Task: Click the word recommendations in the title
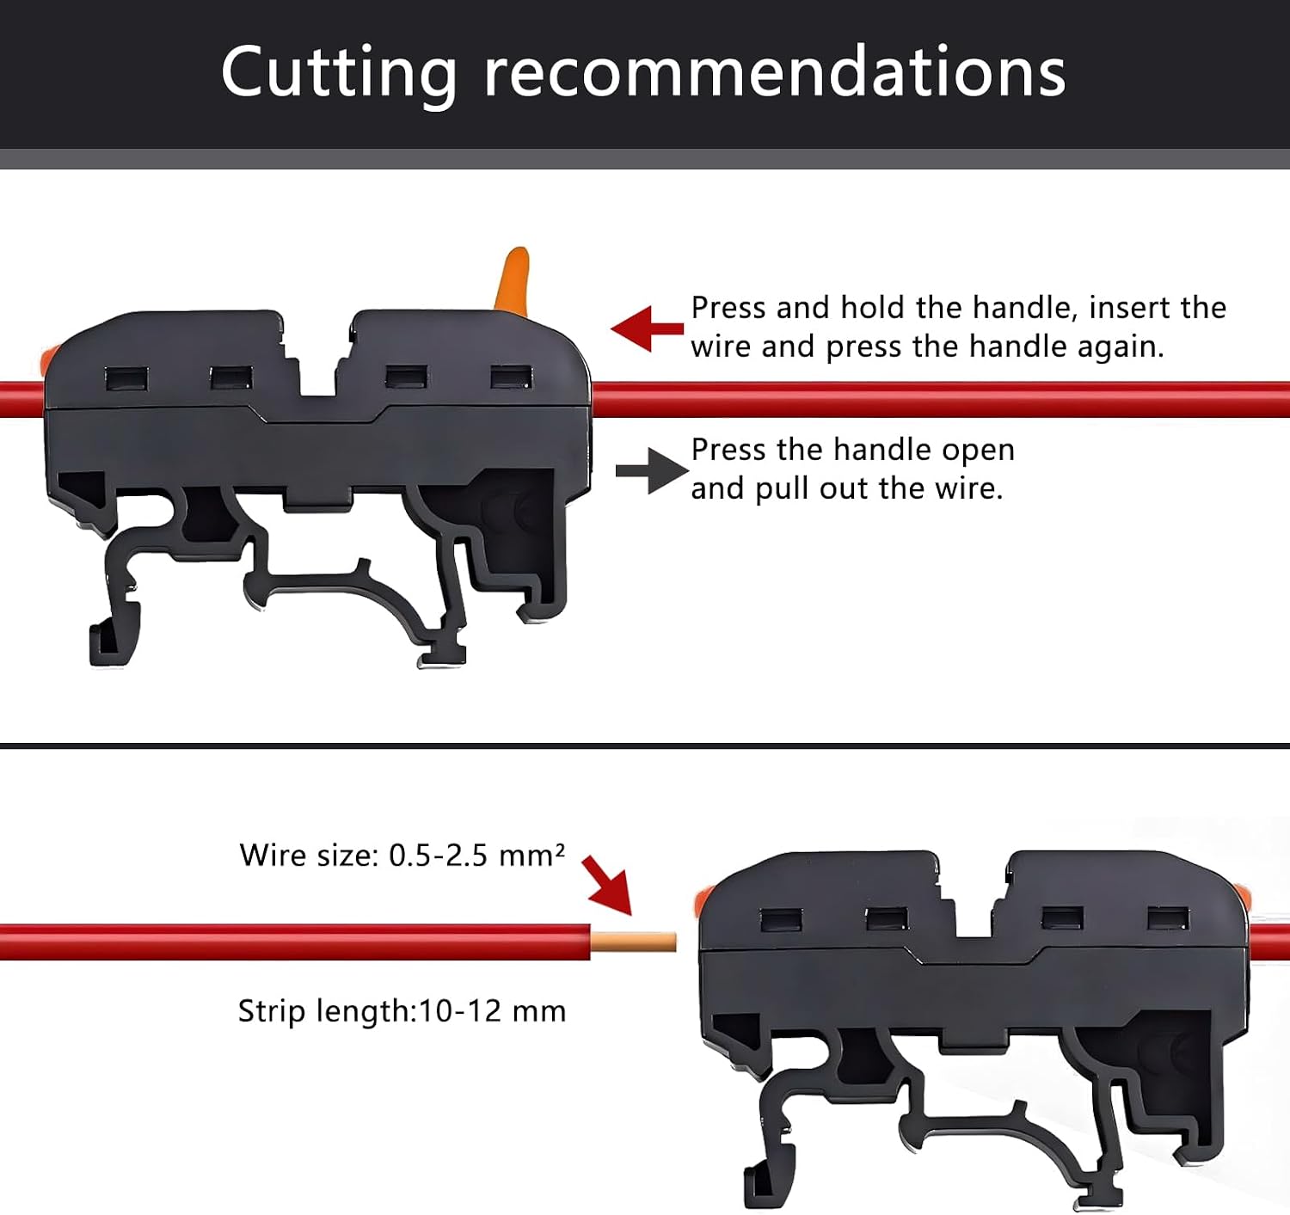pos(775,73)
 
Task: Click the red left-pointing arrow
pos(647,328)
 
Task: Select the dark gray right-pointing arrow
pos(652,470)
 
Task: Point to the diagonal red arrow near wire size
pos(606,885)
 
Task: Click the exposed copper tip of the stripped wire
pos(633,942)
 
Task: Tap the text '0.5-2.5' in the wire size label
pos(438,855)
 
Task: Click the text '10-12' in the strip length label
pos(460,1011)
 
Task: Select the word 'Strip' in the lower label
pos(271,1012)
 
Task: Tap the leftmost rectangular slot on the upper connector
pos(126,379)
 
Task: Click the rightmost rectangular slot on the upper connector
pos(511,377)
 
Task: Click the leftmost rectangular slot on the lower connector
pos(782,920)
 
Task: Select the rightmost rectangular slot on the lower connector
pos(1169,918)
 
